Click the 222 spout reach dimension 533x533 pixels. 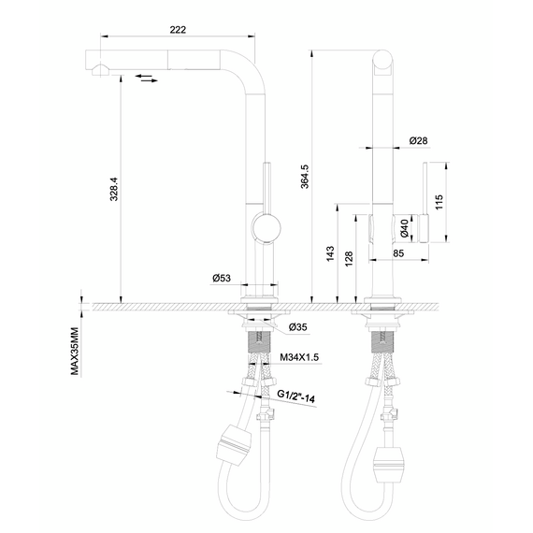pos(178,30)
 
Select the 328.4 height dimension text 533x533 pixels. pos(114,189)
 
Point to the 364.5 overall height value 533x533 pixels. pos(305,177)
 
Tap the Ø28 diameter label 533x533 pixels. pos(418,140)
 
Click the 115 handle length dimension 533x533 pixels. pos(439,202)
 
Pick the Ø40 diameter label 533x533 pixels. pos(404,228)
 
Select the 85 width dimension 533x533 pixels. pos(398,253)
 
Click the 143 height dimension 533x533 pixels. pos(330,254)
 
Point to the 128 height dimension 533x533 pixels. pos(349,259)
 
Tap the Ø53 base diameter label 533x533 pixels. pos(222,278)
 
